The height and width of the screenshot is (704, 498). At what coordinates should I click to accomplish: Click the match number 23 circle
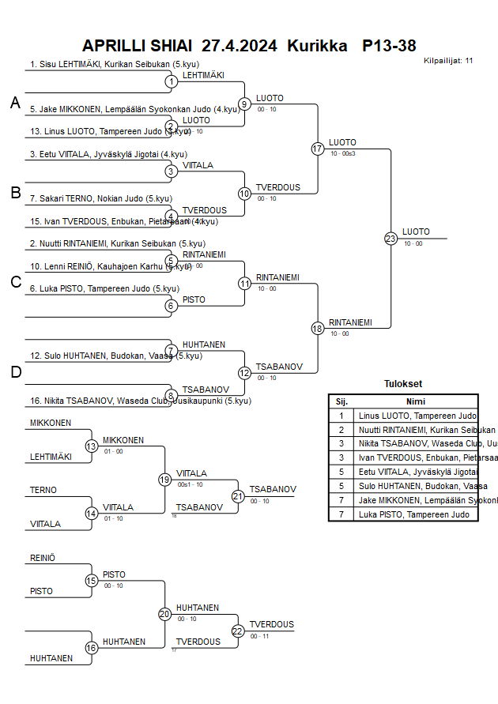(390, 238)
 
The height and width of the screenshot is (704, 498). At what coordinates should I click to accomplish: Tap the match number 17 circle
(318, 149)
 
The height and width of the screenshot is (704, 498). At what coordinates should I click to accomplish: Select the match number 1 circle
(171, 81)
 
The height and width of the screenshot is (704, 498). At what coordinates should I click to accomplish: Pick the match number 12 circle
(245, 373)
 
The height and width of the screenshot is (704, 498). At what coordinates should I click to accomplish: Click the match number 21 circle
(238, 496)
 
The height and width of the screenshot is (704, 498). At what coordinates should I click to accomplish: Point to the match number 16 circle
(92, 648)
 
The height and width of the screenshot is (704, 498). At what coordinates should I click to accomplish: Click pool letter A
(15, 103)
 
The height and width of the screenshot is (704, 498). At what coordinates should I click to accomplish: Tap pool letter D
(15, 373)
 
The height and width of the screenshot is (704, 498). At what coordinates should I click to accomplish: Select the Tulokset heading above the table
(403, 384)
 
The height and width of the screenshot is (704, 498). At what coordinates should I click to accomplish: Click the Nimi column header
(416, 401)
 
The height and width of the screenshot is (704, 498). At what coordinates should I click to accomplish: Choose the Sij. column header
(341, 401)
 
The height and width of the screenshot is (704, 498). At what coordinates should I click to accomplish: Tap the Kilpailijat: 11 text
(448, 60)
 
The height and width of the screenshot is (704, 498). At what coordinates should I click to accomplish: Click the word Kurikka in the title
(317, 46)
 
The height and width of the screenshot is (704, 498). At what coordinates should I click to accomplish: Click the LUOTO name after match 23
(416, 232)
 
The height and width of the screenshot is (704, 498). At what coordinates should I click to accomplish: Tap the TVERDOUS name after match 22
(271, 624)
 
